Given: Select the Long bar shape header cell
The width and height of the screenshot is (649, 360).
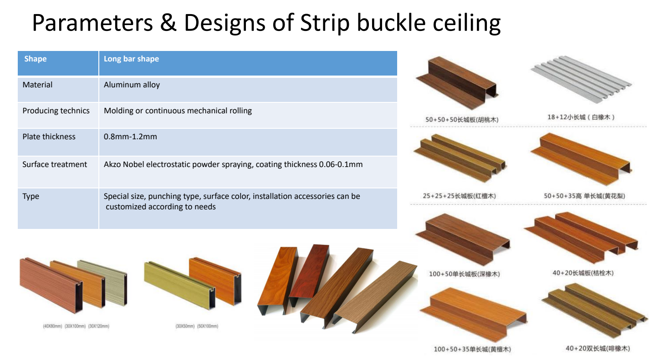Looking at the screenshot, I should click(131, 59).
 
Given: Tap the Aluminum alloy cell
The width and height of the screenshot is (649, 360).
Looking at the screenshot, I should click(132, 85).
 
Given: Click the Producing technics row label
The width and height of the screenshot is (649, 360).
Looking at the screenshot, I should click(56, 111).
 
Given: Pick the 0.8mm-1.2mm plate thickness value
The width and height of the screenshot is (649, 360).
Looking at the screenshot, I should click(130, 137).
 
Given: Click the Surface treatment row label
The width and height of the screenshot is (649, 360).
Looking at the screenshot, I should click(55, 164).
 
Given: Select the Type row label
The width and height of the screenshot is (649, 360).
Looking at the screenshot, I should click(31, 196).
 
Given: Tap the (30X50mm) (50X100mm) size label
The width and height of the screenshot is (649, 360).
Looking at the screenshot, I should click(197, 326).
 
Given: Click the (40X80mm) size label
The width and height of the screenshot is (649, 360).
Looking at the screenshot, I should click(52, 326).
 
